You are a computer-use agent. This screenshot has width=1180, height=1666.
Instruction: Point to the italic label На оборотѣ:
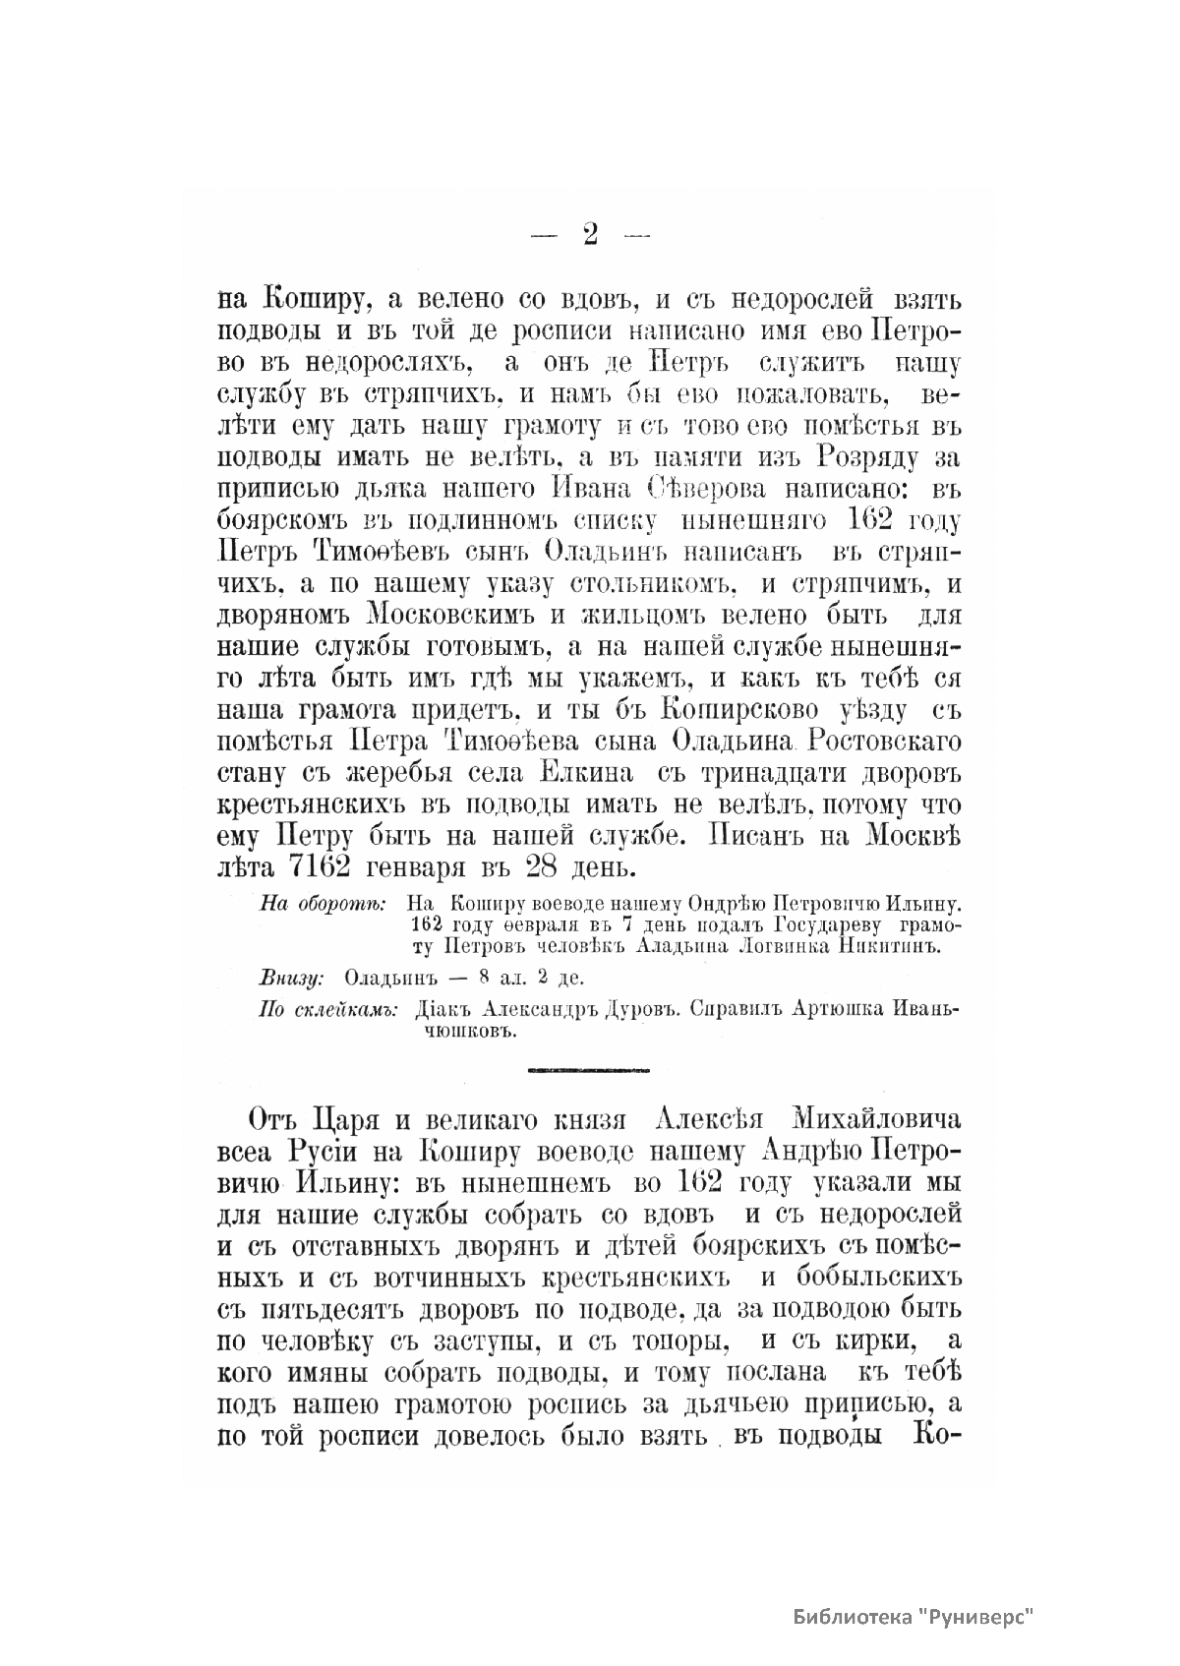tap(324, 903)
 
